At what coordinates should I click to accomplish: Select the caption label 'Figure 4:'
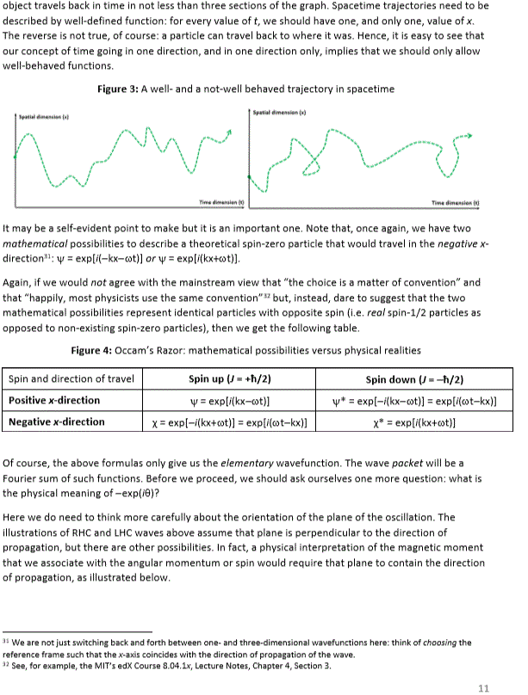[92, 350]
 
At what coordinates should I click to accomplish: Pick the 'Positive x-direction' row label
[54, 400]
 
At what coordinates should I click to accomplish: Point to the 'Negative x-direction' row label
[57, 421]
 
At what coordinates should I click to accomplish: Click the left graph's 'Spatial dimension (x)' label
[41, 114]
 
